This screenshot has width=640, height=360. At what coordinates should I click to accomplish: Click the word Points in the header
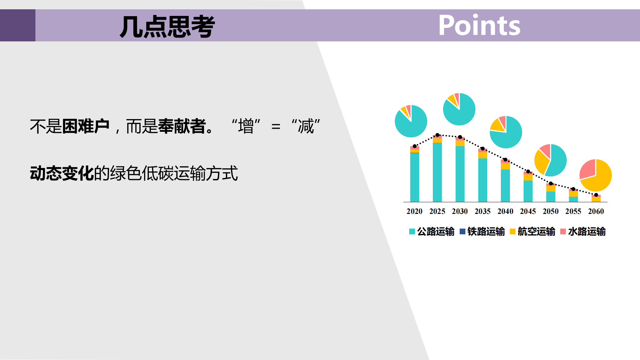pyautogui.click(x=479, y=25)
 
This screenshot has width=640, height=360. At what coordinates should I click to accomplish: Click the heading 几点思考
pyautogui.click(x=167, y=27)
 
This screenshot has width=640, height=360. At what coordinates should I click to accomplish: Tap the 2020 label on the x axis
pyautogui.click(x=414, y=211)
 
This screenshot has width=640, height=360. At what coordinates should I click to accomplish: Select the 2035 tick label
pyautogui.click(x=482, y=211)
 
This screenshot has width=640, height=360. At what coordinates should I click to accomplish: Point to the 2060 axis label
pyautogui.click(x=596, y=211)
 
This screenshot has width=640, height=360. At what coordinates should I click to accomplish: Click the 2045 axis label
pyautogui.click(x=528, y=211)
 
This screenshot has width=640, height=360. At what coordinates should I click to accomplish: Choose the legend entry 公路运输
pyautogui.click(x=432, y=232)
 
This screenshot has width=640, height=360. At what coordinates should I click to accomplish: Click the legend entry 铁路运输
pyautogui.click(x=482, y=232)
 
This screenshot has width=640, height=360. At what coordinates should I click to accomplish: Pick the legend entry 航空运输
pyautogui.click(x=533, y=232)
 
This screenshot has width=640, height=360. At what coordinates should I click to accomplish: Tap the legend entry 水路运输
pyautogui.click(x=583, y=232)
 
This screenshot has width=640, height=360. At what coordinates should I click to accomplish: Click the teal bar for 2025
pyautogui.click(x=437, y=172)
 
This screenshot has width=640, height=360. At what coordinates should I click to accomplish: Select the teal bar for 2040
pyautogui.click(x=505, y=186)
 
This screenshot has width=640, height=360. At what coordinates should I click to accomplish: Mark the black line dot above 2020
pyautogui.click(x=415, y=146)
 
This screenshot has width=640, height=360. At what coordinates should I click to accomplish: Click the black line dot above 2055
pyautogui.click(x=573, y=189)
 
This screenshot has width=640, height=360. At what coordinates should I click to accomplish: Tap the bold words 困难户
pyautogui.click(x=86, y=126)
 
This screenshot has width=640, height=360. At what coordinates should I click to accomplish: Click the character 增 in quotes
pyautogui.click(x=246, y=126)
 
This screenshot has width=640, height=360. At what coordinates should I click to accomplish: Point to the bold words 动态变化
pyautogui.click(x=62, y=173)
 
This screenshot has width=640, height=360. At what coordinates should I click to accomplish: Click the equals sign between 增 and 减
pyautogui.click(x=276, y=127)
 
